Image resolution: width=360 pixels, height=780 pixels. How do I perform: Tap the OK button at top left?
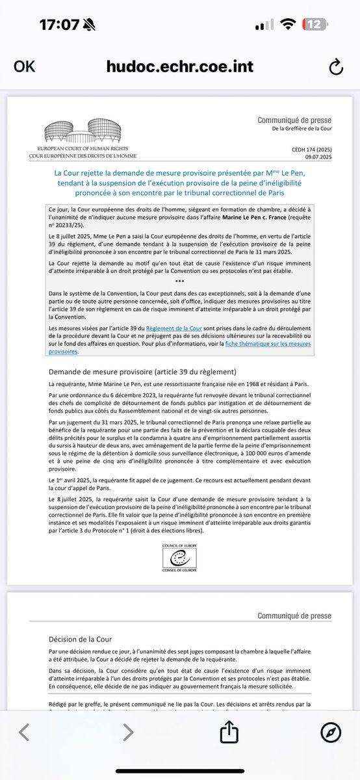coord(25,66)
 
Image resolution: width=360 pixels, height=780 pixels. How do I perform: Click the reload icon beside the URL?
coord(335,67)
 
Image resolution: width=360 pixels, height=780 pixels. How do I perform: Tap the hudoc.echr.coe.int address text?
coord(179,67)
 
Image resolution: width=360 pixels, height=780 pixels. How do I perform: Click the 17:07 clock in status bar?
coord(59,25)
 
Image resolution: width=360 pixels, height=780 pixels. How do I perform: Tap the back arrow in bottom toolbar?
coord(24,733)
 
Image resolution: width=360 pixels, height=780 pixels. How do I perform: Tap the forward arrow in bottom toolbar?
coord(127,733)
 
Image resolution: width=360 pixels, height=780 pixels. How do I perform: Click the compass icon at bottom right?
coord(331,733)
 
